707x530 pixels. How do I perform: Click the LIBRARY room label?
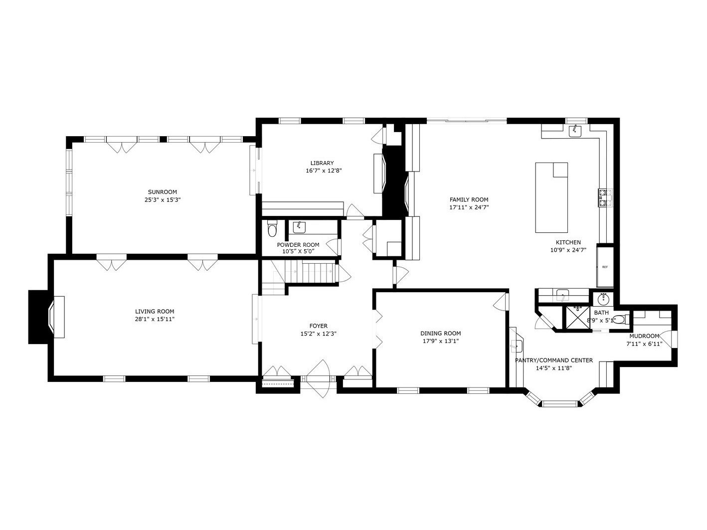click(322, 163)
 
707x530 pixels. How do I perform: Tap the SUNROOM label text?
click(162, 192)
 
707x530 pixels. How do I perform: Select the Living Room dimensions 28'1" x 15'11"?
click(155, 319)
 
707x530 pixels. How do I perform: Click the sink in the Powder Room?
click(299, 227)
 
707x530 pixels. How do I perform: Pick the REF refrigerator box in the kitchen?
click(605, 267)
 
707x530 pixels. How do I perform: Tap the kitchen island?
click(551, 197)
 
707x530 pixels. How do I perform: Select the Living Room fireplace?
click(47, 317)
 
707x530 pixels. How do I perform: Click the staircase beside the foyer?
click(304, 273)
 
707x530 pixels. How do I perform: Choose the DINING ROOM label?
click(441, 334)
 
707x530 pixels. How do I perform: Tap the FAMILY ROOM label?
click(469, 199)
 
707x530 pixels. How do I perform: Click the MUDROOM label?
click(644, 336)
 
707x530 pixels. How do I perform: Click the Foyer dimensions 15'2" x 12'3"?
click(318, 334)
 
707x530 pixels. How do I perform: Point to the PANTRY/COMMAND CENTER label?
click(554, 360)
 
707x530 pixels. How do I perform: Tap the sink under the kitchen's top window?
click(576, 131)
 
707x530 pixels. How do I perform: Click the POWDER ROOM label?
click(298, 245)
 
